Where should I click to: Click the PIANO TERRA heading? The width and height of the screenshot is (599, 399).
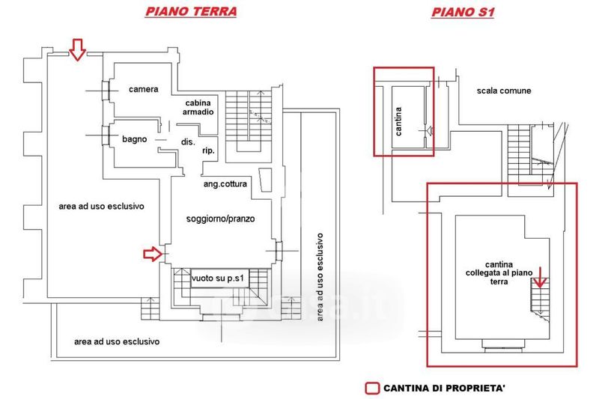pyautogui.click(x=191, y=11)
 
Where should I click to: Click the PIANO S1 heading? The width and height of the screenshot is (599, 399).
pyautogui.click(x=463, y=12)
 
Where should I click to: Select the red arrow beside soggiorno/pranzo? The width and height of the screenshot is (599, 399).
pyautogui.click(x=153, y=255)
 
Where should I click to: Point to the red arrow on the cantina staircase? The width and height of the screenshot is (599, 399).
pyautogui.click(x=541, y=284)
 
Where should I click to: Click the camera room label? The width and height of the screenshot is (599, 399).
pyautogui.click(x=143, y=90)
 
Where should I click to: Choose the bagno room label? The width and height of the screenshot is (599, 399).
pyautogui.click(x=136, y=139)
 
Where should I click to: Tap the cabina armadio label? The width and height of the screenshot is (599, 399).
pyautogui.click(x=198, y=107)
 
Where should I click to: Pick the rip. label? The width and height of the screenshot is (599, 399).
pyautogui.click(x=209, y=151)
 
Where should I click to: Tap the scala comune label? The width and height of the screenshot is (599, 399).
pyautogui.click(x=504, y=91)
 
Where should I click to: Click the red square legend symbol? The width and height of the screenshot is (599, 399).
pyautogui.click(x=371, y=389)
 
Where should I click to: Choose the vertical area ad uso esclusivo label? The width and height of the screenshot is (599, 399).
pyautogui.click(x=320, y=277)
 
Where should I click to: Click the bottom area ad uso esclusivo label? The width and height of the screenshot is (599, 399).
pyautogui.click(x=117, y=341)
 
